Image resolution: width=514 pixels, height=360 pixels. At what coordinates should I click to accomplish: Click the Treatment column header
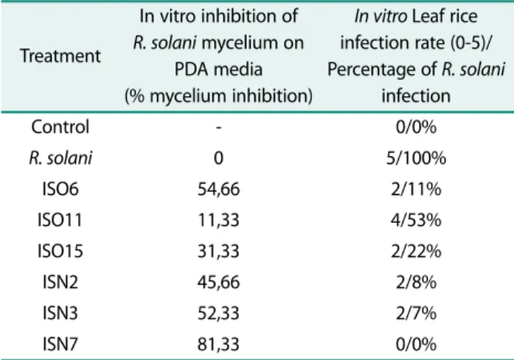pos(60,55)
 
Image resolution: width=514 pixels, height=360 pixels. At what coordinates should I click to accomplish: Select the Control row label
pos(60,127)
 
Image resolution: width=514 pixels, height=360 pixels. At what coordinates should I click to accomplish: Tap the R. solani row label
pos(60,158)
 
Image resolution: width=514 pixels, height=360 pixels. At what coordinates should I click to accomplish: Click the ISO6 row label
pos(60,189)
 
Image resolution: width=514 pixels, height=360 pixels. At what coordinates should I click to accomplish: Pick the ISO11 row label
pos(60,220)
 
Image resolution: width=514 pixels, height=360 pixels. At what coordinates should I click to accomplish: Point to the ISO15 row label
pos(60,251)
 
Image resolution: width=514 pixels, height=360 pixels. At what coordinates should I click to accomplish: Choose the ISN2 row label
pos(60,282)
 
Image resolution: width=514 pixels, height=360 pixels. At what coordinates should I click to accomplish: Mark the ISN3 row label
pos(60,313)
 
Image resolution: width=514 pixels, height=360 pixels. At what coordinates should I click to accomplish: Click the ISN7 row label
pos(60,344)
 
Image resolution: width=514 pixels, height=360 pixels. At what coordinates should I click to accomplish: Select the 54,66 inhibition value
pos(218,189)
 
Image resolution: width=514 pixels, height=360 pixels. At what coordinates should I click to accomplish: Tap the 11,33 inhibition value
pos(218,220)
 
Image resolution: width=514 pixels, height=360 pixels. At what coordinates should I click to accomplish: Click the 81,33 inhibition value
pos(218,345)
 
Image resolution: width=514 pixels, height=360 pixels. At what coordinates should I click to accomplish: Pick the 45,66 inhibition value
pos(218,283)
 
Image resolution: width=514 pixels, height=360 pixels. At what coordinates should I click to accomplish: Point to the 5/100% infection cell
pos(416,158)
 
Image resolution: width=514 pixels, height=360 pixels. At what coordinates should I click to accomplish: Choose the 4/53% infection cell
pos(416,220)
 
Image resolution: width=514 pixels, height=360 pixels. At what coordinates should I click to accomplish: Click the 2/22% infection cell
pos(416,251)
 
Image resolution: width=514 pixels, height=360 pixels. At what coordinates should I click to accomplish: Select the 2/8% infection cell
pos(416,282)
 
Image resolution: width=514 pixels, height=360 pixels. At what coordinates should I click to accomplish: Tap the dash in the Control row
pos(218,128)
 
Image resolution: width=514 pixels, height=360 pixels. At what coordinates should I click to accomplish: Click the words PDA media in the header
pos(218,69)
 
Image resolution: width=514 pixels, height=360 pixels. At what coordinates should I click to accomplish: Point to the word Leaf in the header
pos(426,15)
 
